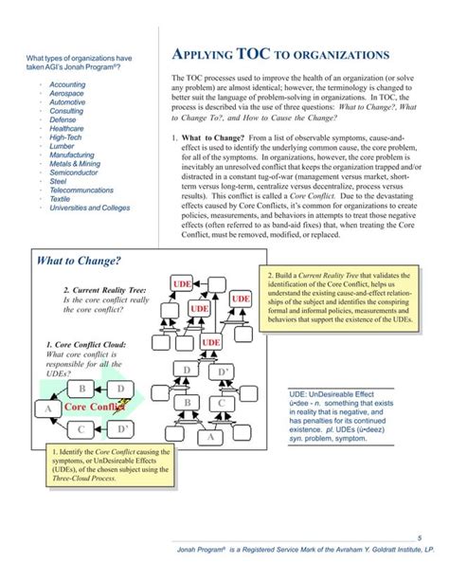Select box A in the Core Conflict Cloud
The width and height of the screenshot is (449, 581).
coord(46,409)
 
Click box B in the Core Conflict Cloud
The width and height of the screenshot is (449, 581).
coord(82,389)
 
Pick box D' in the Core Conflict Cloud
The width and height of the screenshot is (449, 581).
coord(121,428)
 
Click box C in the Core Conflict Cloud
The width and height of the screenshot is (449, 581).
coord(82,428)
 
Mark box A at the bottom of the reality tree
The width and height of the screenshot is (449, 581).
coord(210,438)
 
